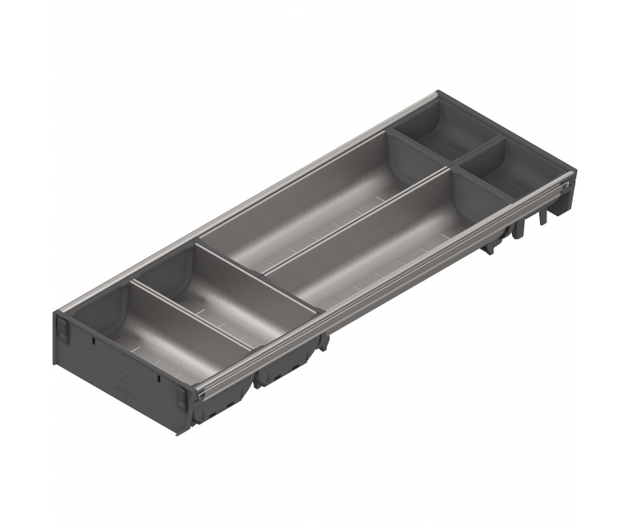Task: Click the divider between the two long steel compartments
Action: [x=353, y=221]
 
